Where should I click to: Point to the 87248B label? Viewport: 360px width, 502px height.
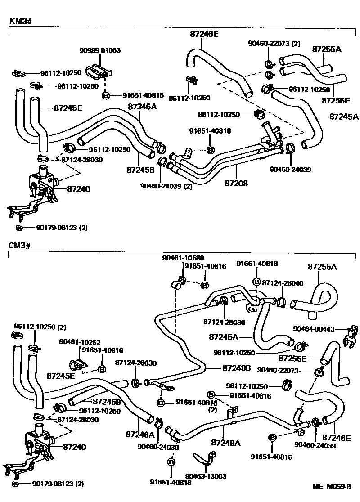click(236, 368)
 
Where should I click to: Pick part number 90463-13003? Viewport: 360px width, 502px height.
click(206, 476)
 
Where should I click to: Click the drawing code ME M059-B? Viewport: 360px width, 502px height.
click(332, 486)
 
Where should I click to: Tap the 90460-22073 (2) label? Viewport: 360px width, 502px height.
click(274, 44)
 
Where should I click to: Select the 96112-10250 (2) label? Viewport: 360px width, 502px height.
click(40, 326)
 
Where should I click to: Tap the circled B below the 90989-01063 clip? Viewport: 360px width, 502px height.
click(106, 95)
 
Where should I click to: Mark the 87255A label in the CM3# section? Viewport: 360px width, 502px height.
click(322, 267)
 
